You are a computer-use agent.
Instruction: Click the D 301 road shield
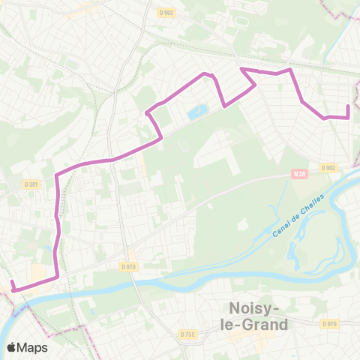pos(31,184)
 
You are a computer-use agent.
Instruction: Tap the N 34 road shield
pos(298,175)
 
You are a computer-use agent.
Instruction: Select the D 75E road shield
pos(187,334)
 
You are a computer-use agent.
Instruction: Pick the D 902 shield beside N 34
pos(327,168)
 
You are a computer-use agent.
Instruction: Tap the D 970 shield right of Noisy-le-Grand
pos(328,324)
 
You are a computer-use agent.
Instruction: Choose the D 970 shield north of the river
pos(129,265)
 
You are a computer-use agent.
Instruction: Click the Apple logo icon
pos(12,347)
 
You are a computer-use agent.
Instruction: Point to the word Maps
pos(33,348)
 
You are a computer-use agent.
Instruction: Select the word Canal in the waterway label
pos(281,230)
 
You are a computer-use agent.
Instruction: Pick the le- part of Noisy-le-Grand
pos(238,325)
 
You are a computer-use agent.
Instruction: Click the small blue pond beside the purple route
pos(199,112)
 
